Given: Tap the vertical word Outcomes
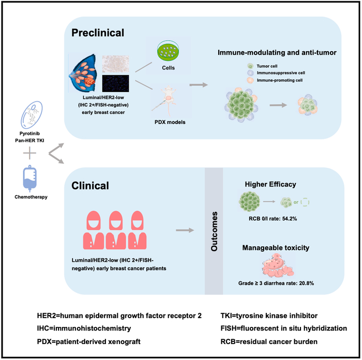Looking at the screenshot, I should pyautogui.click(x=215, y=233).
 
